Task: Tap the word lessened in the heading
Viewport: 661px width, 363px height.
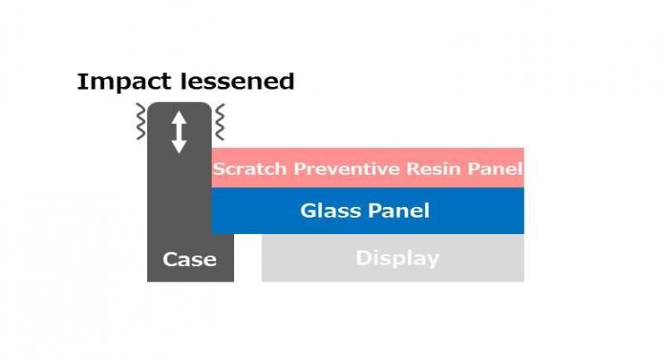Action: click(x=237, y=82)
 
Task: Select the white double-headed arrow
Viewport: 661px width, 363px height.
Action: click(x=178, y=132)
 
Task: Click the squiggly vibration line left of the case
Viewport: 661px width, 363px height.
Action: click(x=141, y=121)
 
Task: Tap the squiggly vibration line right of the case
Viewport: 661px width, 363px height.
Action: click(x=220, y=122)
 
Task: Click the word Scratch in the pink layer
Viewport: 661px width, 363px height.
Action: click(x=249, y=169)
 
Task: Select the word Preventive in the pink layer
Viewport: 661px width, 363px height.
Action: click(x=346, y=169)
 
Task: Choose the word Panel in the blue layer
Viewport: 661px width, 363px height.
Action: click(x=397, y=211)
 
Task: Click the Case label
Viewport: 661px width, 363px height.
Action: click(x=190, y=259)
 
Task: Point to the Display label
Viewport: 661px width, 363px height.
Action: click(x=397, y=258)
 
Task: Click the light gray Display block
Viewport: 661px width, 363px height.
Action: click(x=393, y=258)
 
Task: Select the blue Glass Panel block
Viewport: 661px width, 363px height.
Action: click(x=368, y=211)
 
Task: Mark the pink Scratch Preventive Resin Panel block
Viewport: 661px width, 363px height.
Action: click(x=368, y=168)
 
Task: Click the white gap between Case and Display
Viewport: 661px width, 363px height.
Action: click(x=248, y=258)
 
